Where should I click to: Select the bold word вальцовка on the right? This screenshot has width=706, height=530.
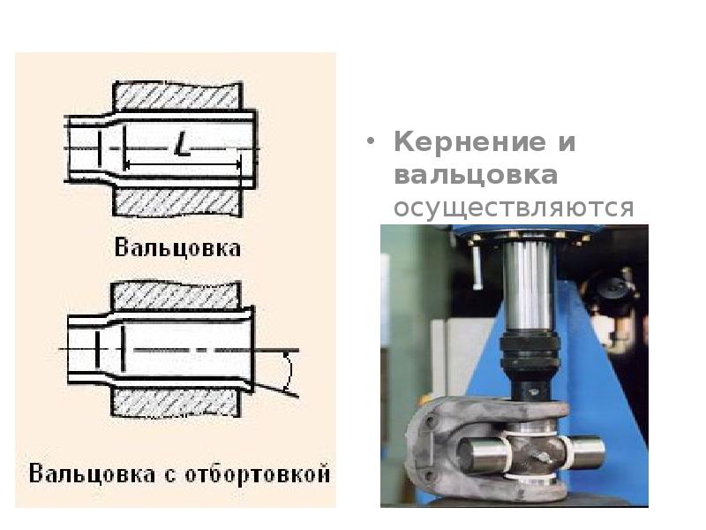click(x=476, y=175)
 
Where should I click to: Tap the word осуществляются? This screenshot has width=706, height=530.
click(x=514, y=208)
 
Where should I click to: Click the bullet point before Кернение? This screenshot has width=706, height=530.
click(x=371, y=141)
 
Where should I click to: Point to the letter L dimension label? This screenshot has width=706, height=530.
click(x=182, y=144)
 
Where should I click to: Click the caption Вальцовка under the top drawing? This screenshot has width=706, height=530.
click(x=177, y=248)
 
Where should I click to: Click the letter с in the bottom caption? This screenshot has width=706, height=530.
click(x=169, y=475)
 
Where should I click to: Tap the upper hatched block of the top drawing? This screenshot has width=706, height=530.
click(x=177, y=95)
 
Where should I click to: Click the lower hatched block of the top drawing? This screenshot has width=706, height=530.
click(x=177, y=202)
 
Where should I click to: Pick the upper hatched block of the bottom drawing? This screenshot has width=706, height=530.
click(x=176, y=296)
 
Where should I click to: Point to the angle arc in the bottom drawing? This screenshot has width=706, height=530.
click(x=289, y=372)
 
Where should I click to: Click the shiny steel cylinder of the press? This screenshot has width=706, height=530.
click(x=528, y=286)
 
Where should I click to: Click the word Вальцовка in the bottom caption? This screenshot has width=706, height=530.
click(x=93, y=473)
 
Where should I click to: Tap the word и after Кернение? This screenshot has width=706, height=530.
click(x=567, y=143)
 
